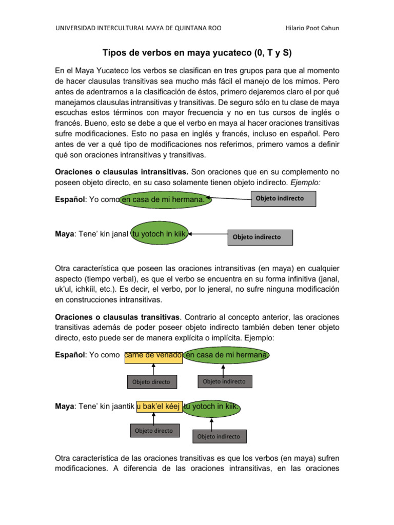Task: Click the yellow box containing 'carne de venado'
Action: pos(153,356)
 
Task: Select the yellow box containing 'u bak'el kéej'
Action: pos(159,407)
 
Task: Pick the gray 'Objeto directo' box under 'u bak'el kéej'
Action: pos(154,431)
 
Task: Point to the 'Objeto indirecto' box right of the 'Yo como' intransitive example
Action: pos(283,198)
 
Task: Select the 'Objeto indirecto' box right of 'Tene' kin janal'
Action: pos(260,237)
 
